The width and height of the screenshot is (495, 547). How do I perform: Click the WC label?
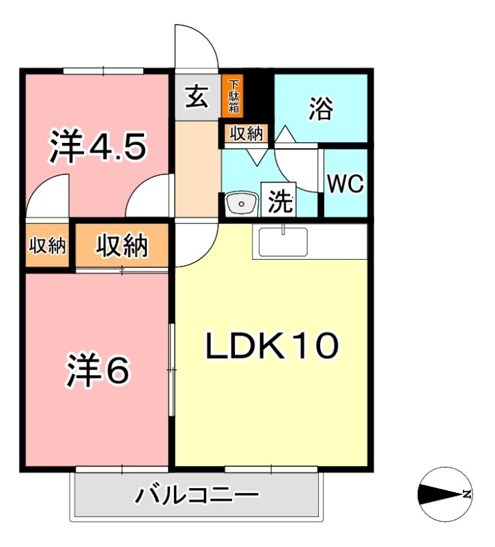[x=345, y=184]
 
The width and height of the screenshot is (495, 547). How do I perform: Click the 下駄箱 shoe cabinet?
[x=234, y=96]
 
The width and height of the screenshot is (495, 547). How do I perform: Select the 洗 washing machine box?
[x=280, y=202]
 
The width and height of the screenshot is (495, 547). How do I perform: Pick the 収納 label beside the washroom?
[x=245, y=134]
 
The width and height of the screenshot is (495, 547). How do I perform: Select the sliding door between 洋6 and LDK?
[x=172, y=369]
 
